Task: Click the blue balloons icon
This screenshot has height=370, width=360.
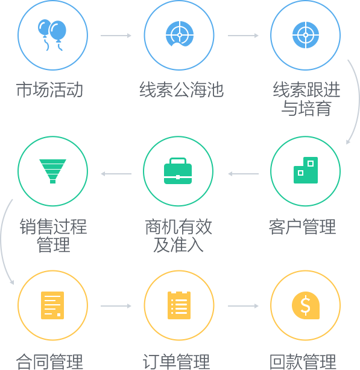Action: [52, 35]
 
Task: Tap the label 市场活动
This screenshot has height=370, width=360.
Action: [49, 90]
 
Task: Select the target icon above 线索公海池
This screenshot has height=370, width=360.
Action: [180, 34]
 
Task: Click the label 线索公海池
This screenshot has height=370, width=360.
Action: [182, 90]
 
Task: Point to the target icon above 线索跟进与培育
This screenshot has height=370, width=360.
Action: [306, 35]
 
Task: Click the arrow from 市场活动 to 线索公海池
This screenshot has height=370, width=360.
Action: [116, 36]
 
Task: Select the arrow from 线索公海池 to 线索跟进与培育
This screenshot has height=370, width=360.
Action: [243, 36]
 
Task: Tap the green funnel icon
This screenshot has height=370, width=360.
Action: [52, 171]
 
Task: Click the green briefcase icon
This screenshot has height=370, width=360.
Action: [178, 171]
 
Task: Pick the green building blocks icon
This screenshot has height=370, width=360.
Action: [306, 170]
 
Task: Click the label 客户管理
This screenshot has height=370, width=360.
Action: [303, 227]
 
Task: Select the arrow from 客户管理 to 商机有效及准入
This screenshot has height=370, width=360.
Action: [243, 174]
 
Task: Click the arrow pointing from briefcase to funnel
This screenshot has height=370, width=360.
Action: [116, 174]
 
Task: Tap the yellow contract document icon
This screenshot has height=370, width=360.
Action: [52, 305]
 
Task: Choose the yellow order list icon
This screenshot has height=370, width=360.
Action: [179, 305]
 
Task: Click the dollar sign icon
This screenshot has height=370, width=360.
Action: [306, 305]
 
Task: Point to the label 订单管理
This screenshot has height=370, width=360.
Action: [176, 362]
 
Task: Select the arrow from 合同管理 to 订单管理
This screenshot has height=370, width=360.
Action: [116, 306]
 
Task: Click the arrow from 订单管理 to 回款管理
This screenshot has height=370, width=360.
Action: [243, 306]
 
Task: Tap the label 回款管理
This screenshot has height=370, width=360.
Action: [303, 362]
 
